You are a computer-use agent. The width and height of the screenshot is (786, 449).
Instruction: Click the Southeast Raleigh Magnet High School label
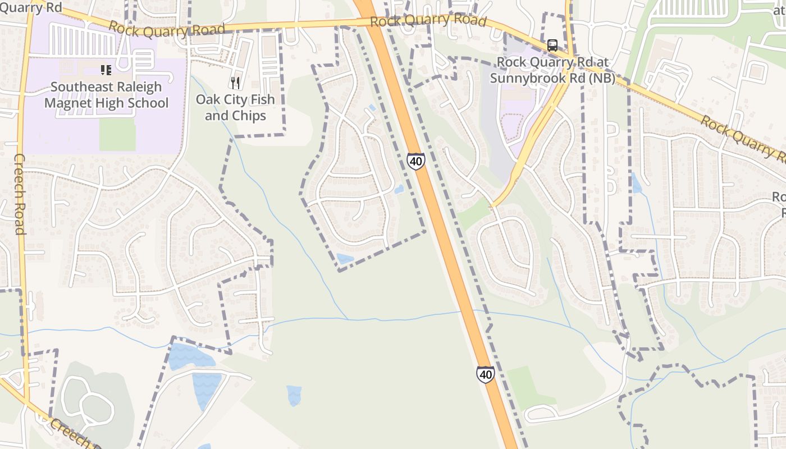106,95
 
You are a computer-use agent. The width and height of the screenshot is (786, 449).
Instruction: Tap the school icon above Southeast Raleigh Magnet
106,70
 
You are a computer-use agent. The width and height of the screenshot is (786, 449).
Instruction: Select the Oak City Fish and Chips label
235,107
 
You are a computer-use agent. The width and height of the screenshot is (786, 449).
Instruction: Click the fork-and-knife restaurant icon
235,83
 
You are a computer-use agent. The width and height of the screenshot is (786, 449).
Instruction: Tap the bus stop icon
552,45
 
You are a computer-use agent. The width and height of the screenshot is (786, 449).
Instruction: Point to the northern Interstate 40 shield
416,161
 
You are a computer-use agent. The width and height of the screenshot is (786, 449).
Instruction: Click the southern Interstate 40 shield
486,374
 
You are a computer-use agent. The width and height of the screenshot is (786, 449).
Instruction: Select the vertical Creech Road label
20,194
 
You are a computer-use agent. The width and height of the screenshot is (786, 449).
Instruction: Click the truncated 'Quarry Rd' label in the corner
31,7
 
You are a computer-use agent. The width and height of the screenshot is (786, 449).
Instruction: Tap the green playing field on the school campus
117,134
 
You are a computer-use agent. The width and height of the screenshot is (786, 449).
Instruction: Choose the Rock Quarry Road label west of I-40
167,29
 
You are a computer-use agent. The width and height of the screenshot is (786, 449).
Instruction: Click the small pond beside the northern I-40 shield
399,189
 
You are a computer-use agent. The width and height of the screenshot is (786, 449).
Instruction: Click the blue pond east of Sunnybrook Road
636,184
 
